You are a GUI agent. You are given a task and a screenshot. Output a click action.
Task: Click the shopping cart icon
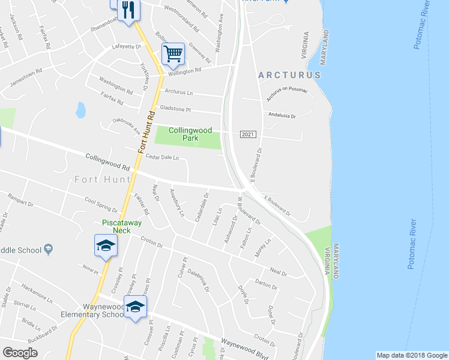(173, 54)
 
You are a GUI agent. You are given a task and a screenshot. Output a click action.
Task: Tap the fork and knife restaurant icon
(129, 10)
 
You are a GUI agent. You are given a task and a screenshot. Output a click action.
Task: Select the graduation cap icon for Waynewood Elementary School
(136, 307)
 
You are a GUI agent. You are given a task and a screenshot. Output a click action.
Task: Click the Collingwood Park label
(190, 134)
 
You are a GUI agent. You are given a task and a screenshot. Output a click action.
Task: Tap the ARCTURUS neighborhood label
(290, 75)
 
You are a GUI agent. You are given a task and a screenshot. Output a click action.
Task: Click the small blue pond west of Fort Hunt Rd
(80, 110)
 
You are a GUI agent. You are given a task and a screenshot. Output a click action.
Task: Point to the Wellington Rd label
(185, 71)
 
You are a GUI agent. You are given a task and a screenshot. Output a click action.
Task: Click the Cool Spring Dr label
(101, 205)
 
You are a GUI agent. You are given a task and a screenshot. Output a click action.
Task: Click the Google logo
(20, 352)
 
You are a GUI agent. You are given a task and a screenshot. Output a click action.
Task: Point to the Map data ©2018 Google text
(412, 355)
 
